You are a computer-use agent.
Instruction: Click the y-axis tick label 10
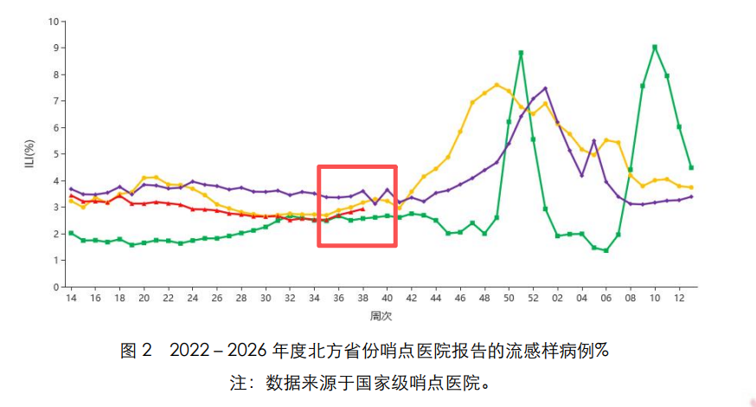(54, 21)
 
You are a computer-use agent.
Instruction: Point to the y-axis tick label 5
(56, 154)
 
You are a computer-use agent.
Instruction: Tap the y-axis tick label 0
(56, 287)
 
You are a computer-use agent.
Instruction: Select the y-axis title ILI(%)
(29, 153)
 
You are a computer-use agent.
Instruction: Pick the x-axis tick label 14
(71, 299)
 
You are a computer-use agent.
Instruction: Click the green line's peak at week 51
(521, 53)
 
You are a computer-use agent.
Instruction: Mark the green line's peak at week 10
(655, 47)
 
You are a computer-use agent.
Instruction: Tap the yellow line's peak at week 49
(497, 85)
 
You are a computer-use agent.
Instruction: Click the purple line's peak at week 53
(545, 88)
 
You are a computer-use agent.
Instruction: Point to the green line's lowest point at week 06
(606, 250)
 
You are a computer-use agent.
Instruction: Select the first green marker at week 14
(71, 233)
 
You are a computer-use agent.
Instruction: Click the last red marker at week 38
(362, 209)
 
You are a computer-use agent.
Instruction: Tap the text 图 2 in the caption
(136, 351)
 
